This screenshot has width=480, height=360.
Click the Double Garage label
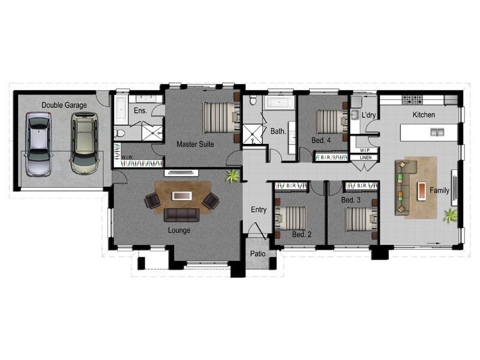pos(64,106)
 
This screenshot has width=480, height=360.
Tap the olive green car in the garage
pos(83,143)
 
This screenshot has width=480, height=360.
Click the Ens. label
pos(140,111)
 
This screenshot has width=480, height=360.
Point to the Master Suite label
pos(195,144)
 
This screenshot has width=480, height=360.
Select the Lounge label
pos(179,230)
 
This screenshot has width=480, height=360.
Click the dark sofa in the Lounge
pos(181,215)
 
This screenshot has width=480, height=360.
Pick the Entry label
pos(259,209)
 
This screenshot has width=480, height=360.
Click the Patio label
pos(258,254)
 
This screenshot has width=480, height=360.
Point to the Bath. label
pos(277,130)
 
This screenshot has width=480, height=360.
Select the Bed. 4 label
pos(321,140)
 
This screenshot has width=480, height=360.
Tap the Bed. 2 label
pos(301,234)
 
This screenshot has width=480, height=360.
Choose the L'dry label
pos(368,114)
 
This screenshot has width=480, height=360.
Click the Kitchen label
pos(424,115)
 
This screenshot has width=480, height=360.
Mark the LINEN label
pos(365,157)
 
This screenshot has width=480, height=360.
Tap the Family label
pos(440,190)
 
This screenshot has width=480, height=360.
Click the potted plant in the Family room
pos(450,215)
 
